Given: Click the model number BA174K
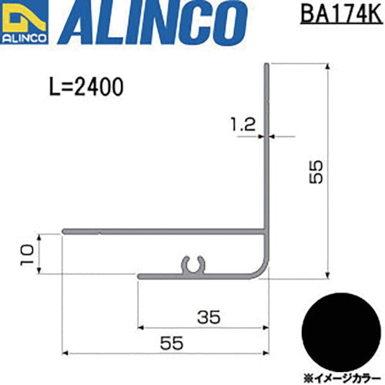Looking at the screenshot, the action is (x=341, y=15).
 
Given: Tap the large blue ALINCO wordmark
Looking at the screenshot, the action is (x=152, y=22).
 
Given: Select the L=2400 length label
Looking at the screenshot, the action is (x=86, y=87).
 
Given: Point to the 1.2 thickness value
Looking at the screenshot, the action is (x=243, y=125).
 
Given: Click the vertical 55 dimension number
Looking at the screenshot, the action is (x=316, y=172).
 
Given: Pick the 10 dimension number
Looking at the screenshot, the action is (x=27, y=255).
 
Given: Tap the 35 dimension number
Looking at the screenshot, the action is (x=209, y=317).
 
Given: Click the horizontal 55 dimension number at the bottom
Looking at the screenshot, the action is (x=172, y=343).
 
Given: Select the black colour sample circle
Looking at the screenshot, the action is (x=341, y=332).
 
